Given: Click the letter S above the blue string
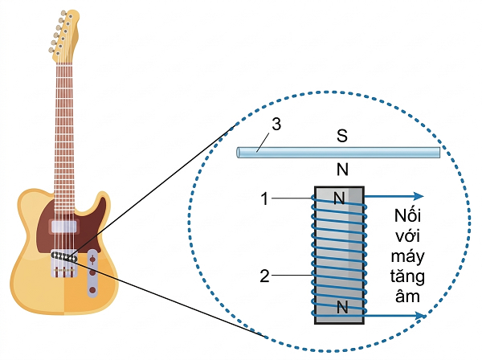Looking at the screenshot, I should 341,136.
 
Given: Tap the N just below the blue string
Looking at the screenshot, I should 341,169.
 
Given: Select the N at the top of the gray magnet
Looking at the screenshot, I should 339,198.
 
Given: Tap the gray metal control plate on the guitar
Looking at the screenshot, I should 93,273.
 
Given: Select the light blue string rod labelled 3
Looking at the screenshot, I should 361,151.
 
